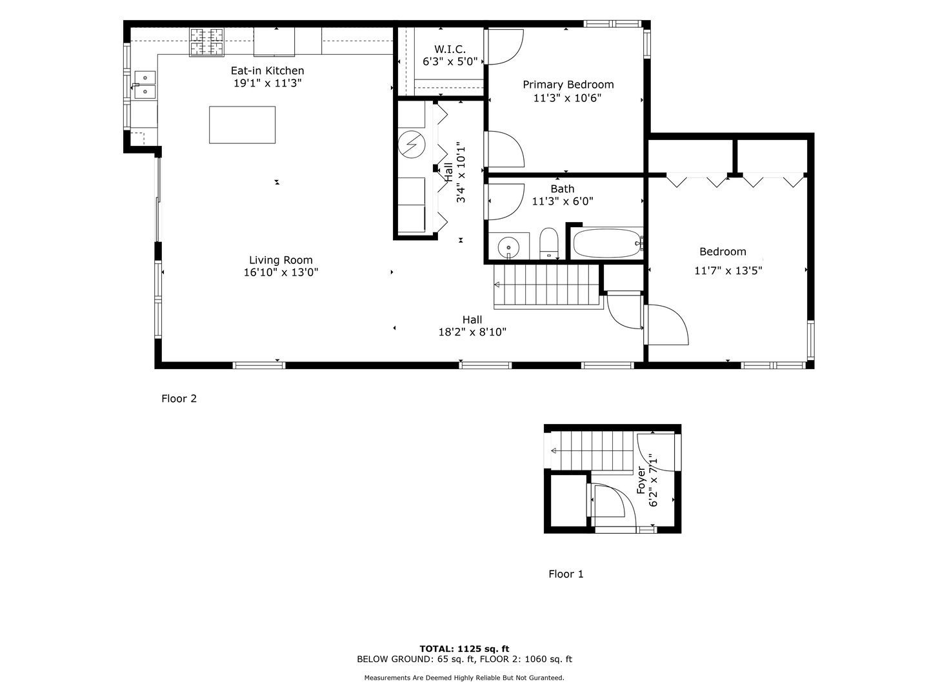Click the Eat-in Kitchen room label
pyautogui.click(x=267, y=71)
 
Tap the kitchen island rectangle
pyautogui.click(x=242, y=125)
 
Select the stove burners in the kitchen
pyautogui.click(x=206, y=42)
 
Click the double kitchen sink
pyautogui.click(x=145, y=85)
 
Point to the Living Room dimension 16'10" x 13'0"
pyautogui.click(x=281, y=272)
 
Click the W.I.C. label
pyautogui.click(x=450, y=50)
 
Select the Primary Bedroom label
pyautogui.click(x=568, y=85)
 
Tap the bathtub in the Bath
pyautogui.click(x=605, y=244)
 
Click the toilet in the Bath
pyautogui.click(x=548, y=242)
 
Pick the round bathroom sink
pyautogui.click(x=509, y=247)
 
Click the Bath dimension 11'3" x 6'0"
pyautogui.click(x=562, y=201)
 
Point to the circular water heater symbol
pyautogui.click(x=410, y=144)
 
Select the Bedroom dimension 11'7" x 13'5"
pyautogui.click(x=728, y=271)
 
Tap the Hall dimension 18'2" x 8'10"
pyautogui.click(x=472, y=332)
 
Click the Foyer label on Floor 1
pyautogui.click(x=641, y=480)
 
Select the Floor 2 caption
pyautogui.click(x=179, y=399)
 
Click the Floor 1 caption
pyautogui.click(x=566, y=574)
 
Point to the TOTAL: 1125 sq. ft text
pyautogui.click(x=464, y=649)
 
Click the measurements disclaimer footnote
pyautogui.click(x=464, y=678)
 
